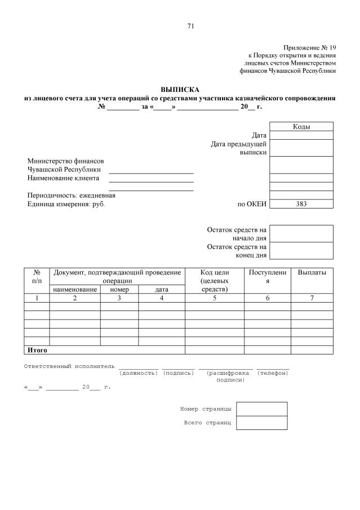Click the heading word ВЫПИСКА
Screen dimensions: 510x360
point(180,90)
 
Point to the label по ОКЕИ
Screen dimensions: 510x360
point(252,205)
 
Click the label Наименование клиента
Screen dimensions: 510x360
point(60,179)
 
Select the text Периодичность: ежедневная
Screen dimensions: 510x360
point(72,196)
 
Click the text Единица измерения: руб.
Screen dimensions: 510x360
point(66,204)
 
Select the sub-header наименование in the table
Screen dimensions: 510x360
point(75,290)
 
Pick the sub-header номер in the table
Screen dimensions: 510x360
point(119,290)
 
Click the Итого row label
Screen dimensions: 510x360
point(37,350)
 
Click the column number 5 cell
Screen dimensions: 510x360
point(214,298)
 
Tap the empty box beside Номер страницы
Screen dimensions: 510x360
point(261,409)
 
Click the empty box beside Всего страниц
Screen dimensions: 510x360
point(261,423)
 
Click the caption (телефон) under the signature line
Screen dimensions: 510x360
point(273,373)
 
